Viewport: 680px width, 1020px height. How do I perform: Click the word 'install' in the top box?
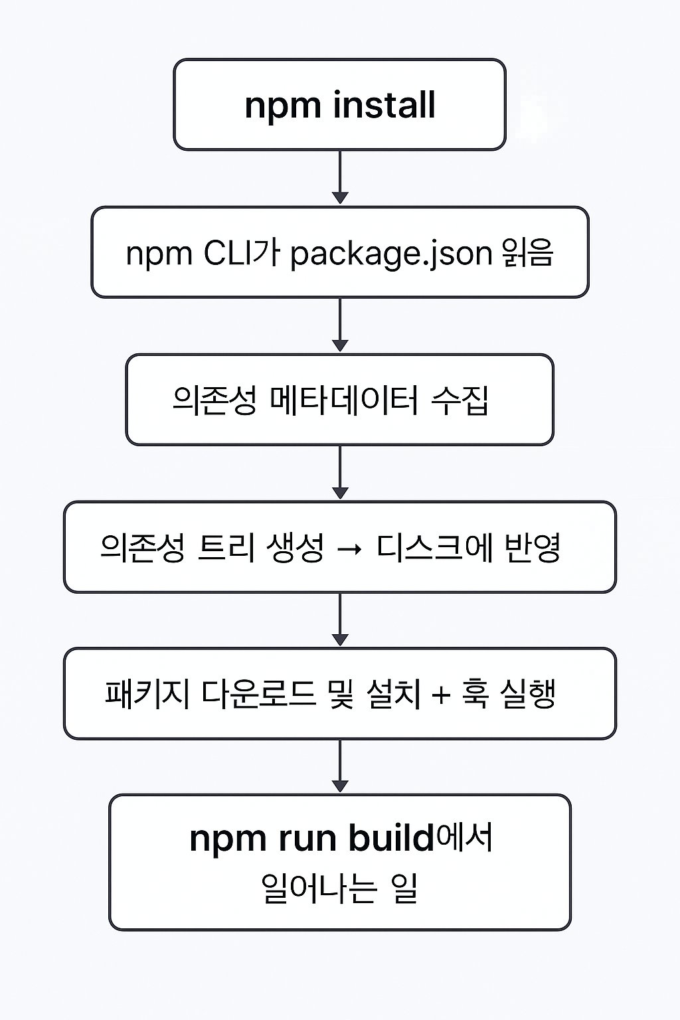tap(384, 105)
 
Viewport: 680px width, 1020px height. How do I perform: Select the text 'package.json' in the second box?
tap(391, 254)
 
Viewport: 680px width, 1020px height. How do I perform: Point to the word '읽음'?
tap(528, 253)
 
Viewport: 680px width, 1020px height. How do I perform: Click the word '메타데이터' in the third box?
tap(343, 400)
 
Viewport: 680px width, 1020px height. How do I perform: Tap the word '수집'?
tap(460, 400)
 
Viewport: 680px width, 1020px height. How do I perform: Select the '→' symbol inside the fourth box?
tap(350, 549)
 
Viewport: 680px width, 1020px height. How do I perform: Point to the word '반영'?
tap(533, 548)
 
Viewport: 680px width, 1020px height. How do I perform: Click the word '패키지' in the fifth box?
tap(147, 694)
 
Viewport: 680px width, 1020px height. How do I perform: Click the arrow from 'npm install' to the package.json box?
tap(340, 177)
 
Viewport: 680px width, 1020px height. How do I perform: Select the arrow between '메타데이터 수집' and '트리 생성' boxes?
tap(340, 472)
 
